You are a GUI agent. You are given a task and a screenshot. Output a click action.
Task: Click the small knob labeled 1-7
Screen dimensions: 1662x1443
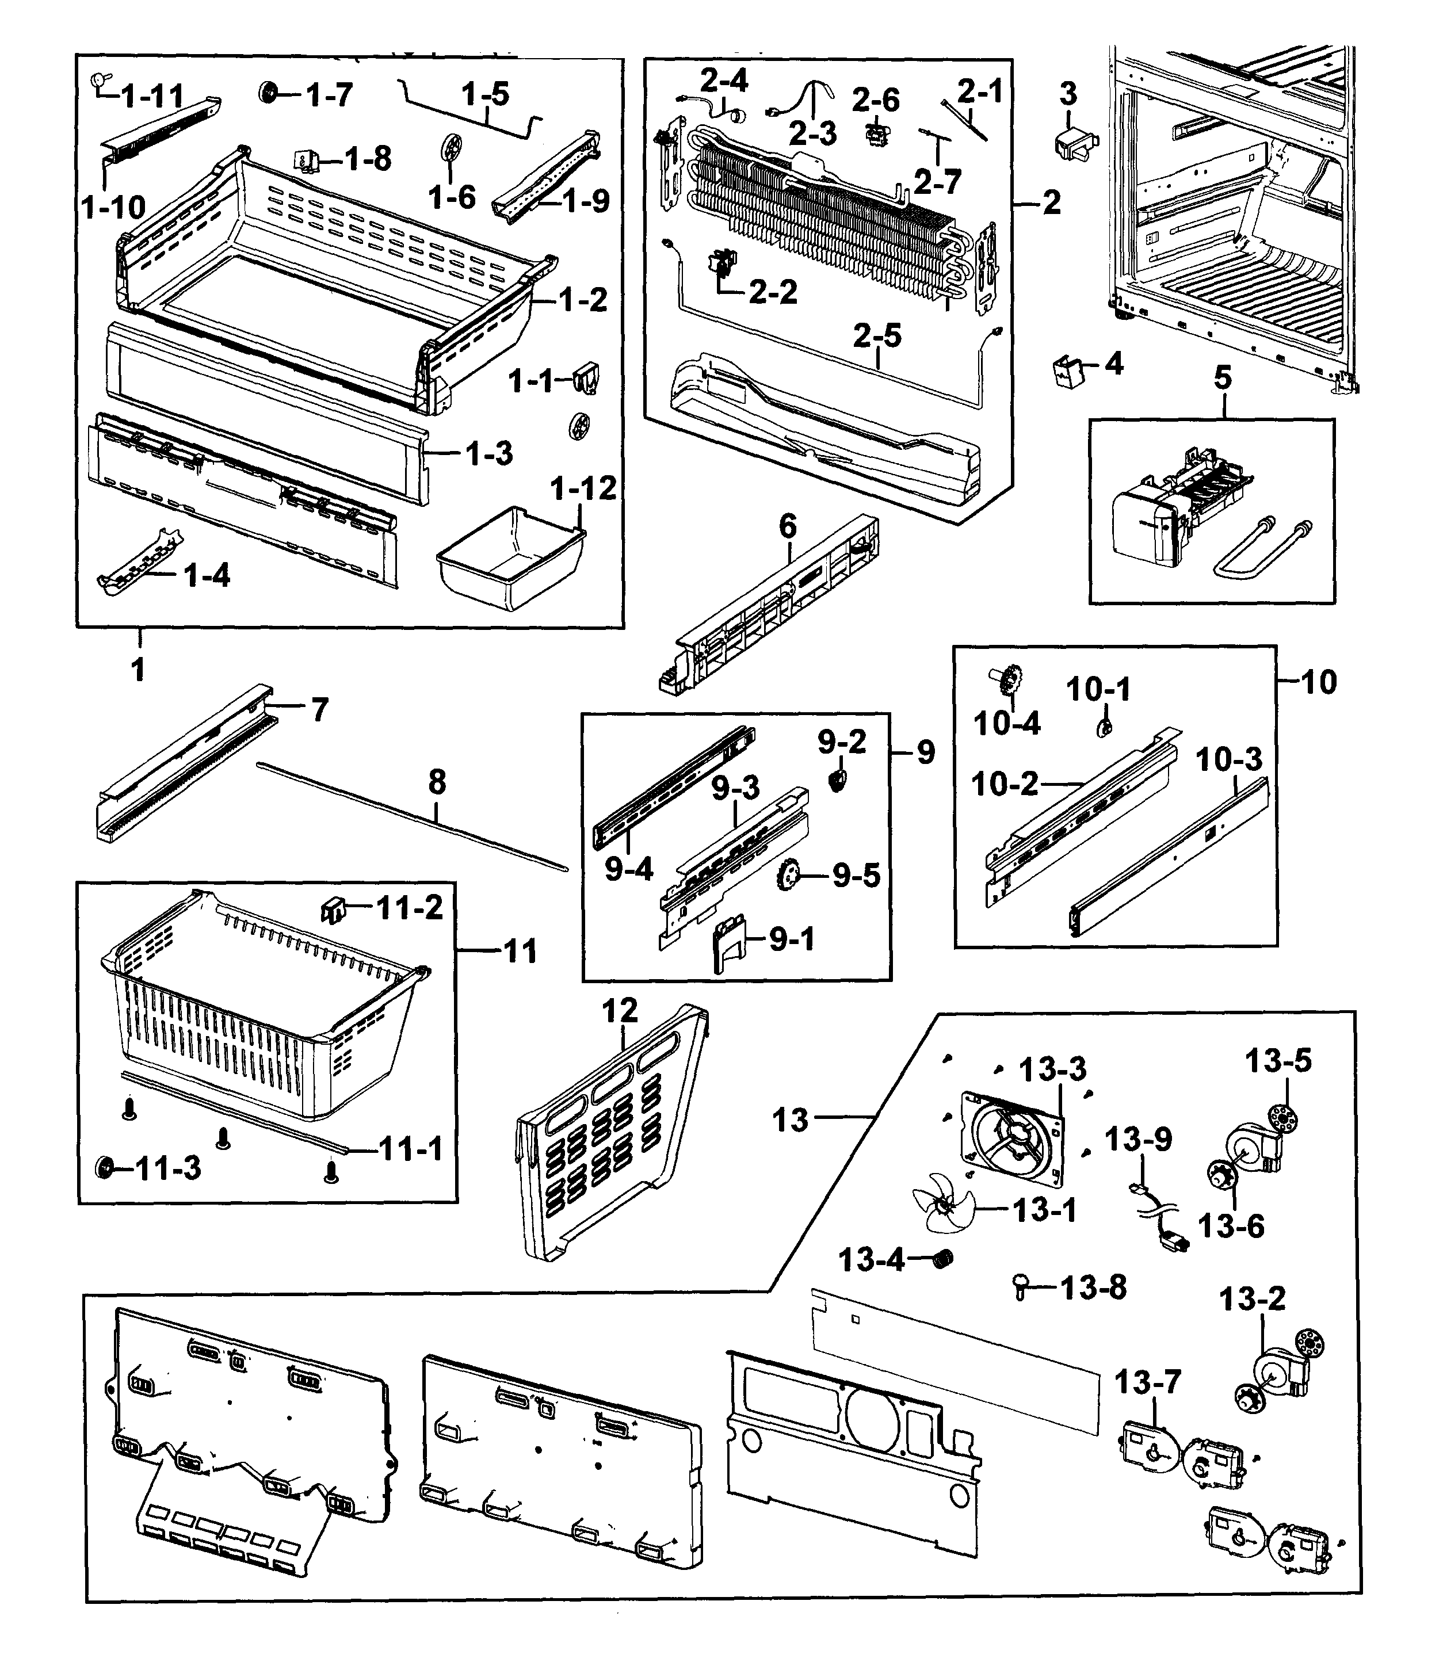point(268,93)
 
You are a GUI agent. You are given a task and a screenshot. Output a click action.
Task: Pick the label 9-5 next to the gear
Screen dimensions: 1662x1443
point(856,875)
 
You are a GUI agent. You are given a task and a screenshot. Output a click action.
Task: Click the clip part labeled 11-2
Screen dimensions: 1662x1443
point(333,911)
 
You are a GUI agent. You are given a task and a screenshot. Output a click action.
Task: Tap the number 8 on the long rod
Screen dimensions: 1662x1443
point(437,781)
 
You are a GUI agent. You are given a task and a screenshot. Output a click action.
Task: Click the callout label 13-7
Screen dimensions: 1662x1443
point(1147,1382)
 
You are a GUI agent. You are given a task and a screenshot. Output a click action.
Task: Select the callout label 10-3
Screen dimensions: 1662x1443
point(1229,759)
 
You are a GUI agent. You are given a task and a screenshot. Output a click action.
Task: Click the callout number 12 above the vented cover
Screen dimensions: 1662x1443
point(620,1011)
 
